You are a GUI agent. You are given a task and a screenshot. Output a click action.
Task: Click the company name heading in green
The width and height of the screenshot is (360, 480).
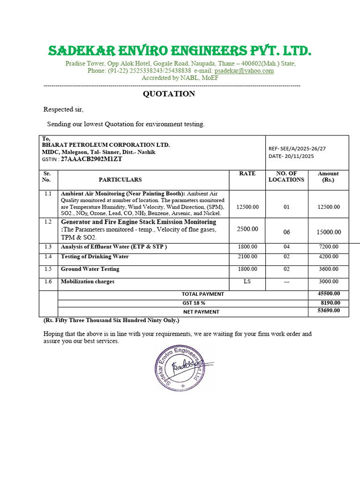180,51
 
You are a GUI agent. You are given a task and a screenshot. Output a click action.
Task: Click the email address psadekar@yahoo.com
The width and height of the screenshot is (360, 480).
244,71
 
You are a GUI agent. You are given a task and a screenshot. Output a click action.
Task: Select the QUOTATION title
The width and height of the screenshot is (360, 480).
169,94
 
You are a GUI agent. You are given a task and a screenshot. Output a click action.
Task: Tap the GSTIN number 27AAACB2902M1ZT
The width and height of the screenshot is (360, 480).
91,159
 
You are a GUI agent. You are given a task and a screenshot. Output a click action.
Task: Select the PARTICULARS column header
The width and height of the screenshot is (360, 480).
120,180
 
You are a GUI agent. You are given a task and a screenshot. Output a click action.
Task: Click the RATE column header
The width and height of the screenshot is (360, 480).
247,173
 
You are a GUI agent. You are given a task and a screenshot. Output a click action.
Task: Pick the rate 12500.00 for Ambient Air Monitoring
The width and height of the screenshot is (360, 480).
247,207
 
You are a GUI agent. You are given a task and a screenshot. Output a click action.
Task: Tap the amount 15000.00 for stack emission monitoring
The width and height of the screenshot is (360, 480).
329,232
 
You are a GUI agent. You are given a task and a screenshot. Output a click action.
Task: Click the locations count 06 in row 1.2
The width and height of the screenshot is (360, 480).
287,232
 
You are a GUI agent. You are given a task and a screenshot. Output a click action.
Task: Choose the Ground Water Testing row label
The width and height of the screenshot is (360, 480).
90,269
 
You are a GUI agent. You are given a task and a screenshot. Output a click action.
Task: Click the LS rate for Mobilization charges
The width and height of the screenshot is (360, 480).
247,282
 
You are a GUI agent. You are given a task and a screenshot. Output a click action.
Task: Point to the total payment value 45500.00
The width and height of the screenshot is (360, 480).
329,294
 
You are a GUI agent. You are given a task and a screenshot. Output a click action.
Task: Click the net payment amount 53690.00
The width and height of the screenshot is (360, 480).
329,311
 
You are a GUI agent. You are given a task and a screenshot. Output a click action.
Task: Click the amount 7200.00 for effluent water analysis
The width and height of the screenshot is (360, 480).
329,247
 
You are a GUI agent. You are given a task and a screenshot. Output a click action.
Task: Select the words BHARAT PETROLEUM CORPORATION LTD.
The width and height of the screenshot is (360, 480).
106,145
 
